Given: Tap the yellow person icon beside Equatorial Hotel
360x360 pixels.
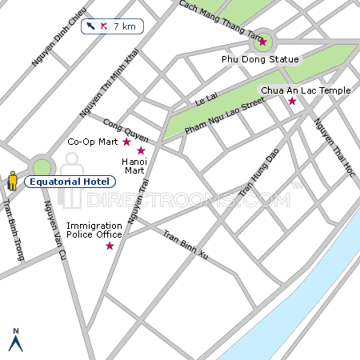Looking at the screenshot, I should coord(12,181).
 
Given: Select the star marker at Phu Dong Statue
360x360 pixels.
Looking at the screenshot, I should coord(262,42).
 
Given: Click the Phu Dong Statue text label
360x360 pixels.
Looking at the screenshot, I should coord(260,59).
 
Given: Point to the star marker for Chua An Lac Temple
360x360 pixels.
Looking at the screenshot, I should coord(292,102).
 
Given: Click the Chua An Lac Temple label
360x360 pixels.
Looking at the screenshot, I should coord(306,90).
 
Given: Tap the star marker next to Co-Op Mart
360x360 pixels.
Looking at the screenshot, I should coord(126,142).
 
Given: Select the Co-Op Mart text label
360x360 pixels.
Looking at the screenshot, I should coord(92,142).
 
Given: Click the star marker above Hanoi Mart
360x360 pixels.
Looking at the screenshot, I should coord(141,150).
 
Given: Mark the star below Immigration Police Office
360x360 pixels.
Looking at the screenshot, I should coord(110,246).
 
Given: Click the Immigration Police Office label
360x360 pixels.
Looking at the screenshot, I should coord(94,230).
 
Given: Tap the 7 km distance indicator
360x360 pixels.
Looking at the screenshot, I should coord(112,26).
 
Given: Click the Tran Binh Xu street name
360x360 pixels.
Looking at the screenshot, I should coord(186,246).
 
